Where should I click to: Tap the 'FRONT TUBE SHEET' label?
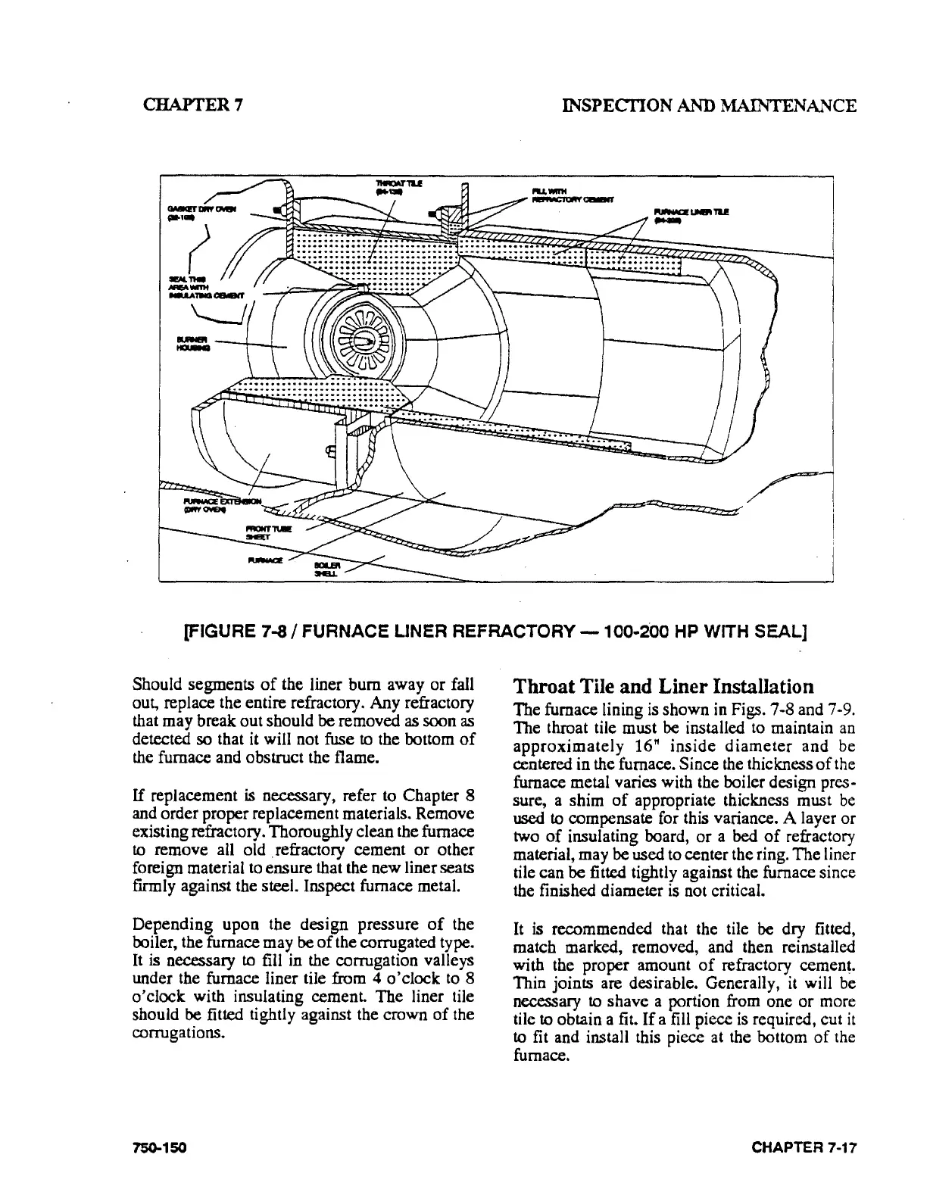pyautogui.click(x=263, y=531)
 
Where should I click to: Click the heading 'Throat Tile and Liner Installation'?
pyautogui.click(x=663, y=686)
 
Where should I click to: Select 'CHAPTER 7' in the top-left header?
pyautogui.click(x=192, y=105)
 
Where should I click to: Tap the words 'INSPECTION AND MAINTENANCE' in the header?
pyautogui.click(x=706, y=105)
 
